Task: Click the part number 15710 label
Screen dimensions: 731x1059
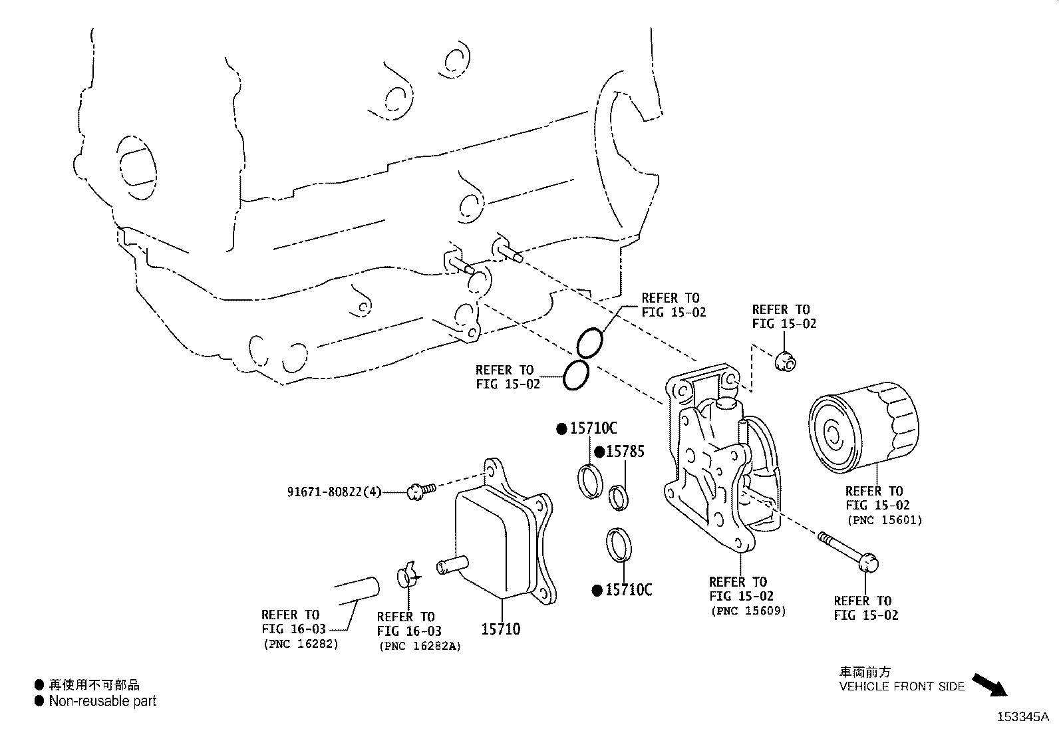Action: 501,629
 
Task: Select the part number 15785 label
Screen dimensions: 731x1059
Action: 625,452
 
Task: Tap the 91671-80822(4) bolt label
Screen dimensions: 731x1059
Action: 335,492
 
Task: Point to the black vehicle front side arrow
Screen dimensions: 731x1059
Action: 990,684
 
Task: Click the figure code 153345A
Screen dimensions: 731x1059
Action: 1022,717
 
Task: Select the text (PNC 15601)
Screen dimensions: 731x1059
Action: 884,520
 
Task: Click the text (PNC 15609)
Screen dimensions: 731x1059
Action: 748,611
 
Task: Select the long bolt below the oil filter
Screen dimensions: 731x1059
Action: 848,549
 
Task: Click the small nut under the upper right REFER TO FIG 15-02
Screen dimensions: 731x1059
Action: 786,361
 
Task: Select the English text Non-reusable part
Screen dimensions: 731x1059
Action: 102,700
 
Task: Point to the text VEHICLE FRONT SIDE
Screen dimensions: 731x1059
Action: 901,686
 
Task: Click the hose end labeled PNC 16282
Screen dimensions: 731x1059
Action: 356,591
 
